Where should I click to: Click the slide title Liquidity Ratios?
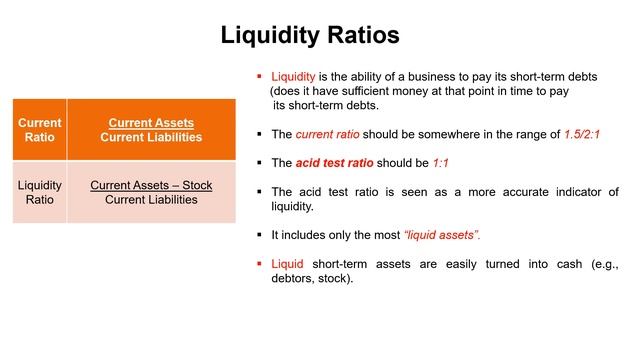[x=310, y=35]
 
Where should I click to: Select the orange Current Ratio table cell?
[x=40, y=130]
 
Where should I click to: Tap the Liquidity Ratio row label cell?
[x=40, y=192]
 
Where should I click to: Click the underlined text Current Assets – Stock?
[x=151, y=185]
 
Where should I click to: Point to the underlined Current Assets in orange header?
[x=151, y=123]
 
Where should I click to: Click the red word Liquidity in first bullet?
[x=294, y=76]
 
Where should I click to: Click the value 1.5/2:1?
[x=595, y=133]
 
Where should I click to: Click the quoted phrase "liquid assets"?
[x=441, y=235]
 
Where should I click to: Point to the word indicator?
[x=567, y=192]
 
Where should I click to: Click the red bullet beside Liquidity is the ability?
[x=259, y=76]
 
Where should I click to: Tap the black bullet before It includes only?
[x=259, y=235]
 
